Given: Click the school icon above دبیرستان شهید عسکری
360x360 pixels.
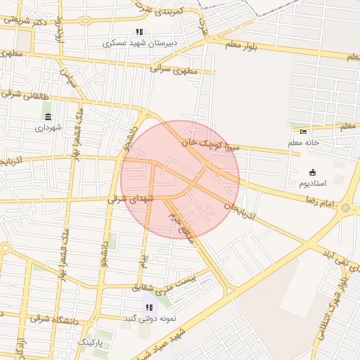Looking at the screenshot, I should point(139,32).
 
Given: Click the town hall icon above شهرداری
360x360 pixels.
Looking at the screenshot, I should point(48,117).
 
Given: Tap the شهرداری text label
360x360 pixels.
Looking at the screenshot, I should point(49,128).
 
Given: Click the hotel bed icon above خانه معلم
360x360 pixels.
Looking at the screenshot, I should point(303,131).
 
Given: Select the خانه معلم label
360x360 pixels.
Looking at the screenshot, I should point(303,142).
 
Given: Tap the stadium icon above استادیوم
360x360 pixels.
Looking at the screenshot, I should point(312,172).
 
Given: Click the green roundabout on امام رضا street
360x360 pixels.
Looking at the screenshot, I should point(345,208).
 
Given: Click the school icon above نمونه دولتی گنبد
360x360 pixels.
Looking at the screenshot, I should point(148,307).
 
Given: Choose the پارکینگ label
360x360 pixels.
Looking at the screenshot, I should point(89,342).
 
